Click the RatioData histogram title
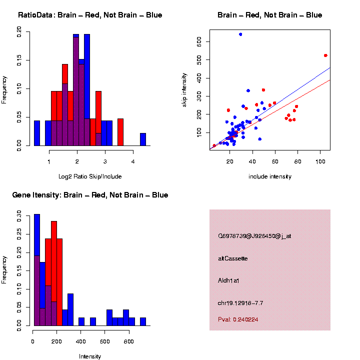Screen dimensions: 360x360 click(90, 15)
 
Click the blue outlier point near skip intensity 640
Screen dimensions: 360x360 click(240, 34)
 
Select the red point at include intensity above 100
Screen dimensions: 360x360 click(325, 55)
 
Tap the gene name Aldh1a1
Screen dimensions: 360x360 click(229, 280)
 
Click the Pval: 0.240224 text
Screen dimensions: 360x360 click(238, 319)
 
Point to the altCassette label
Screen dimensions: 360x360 click(233, 258)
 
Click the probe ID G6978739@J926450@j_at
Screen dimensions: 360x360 click(254, 236)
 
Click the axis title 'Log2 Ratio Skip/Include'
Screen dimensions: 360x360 click(90, 176)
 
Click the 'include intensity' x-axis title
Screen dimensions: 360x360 click(270, 176)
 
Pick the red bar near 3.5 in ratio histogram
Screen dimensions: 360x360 click(120, 132)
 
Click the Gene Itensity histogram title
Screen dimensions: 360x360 click(90, 195)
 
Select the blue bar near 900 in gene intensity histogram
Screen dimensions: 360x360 click(143, 321)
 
